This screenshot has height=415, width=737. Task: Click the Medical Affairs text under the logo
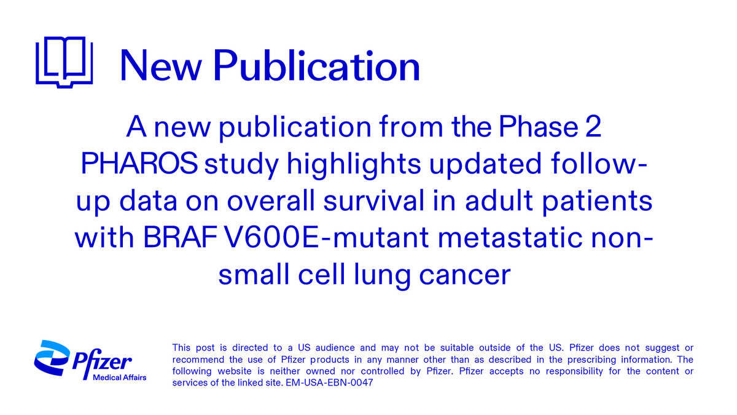tap(119, 377)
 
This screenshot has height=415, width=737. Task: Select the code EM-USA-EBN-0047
tap(330, 383)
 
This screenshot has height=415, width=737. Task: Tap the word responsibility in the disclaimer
tap(547, 371)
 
